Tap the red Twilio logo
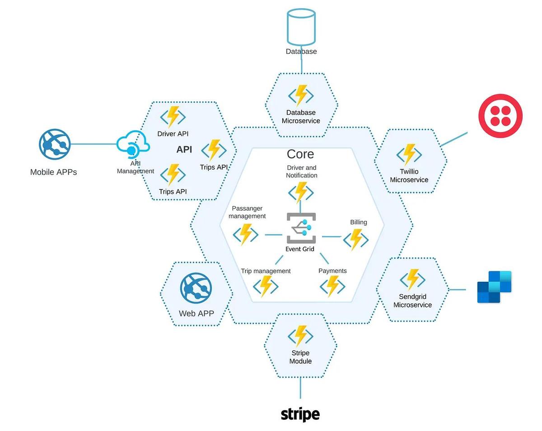500,115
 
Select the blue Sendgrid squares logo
494,287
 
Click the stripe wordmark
300,414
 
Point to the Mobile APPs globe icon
54,144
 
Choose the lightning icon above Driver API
173,117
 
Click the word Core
300,154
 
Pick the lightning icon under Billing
356,240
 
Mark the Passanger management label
247,212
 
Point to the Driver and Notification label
302,171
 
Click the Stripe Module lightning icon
300,336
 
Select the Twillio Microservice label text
409,175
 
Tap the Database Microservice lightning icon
301,95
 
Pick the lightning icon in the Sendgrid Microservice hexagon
413,279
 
